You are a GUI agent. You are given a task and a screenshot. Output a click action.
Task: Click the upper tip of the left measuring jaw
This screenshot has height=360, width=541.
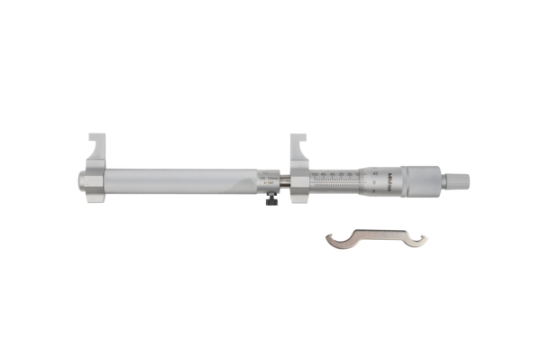pyautogui.click(x=90, y=138)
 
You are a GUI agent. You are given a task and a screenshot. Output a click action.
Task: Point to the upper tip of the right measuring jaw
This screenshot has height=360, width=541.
pyautogui.click(x=293, y=138)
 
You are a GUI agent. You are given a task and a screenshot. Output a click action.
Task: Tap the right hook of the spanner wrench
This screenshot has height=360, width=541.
pyautogui.click(x=419, y=238)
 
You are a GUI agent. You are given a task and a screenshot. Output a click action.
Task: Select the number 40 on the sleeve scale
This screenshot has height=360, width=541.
pyautogui.click(x=334, y=172)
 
